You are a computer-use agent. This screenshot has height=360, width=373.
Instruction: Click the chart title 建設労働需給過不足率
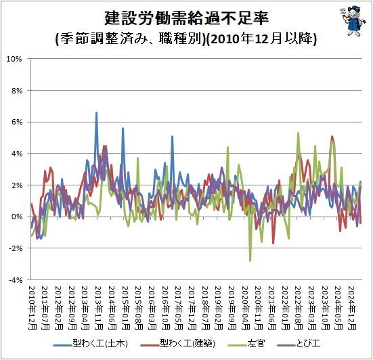click(187, 18)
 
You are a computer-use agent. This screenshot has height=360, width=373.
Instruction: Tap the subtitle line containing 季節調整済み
click(186, 39)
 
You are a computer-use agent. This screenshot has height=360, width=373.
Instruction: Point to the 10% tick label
click(14, 59)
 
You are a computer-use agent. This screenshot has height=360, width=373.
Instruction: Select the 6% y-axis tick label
click(17, 122)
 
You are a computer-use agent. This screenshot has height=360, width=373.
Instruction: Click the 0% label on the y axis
click(17, 217)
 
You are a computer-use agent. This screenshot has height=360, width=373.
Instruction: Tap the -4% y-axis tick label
click(16, 280)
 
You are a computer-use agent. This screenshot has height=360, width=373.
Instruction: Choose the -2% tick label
click(16, 248)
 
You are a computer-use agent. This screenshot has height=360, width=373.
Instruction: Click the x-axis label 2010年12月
click(32, 308)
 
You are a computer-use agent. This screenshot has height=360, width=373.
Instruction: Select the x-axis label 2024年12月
click(352, 308)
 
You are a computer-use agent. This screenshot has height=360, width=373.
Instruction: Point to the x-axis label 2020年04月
click(246, 308)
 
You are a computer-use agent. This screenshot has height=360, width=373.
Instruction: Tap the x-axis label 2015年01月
click(126, 308)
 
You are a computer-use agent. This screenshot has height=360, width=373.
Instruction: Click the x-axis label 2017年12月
click(192, 308)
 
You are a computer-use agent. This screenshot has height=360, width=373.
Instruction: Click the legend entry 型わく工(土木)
click(91, 344)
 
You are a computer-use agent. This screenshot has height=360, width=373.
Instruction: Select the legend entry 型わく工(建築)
click(177, 344)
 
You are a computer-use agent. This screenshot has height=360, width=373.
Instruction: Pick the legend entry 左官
click(246, 344)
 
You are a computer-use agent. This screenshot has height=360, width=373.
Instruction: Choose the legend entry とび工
click(299, 344)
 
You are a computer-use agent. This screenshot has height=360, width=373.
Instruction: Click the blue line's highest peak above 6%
click(96, 113)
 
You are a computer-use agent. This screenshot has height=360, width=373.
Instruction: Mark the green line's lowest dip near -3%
click(250, 261)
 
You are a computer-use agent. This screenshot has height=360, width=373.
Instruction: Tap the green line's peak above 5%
click(298, 133)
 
